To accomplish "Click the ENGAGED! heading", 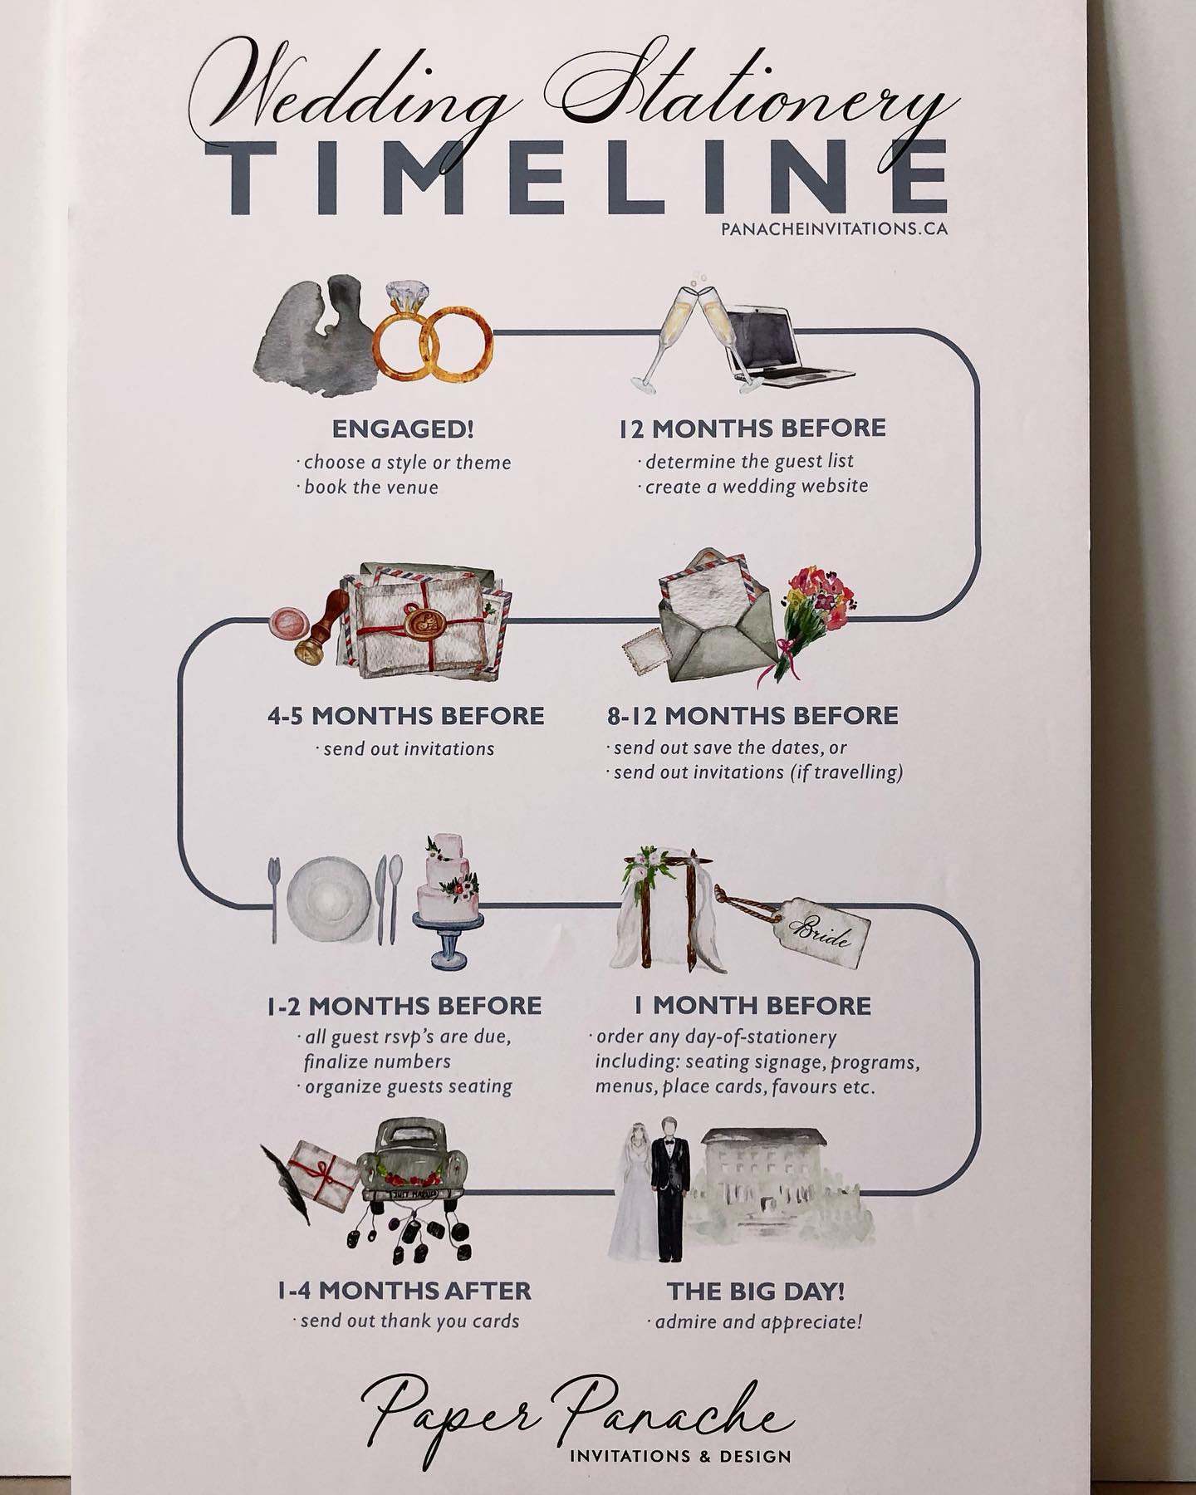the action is tap(403, 429).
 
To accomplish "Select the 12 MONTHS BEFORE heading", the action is tap(752, 428).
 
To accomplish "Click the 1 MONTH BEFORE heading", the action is tap(752, 1005).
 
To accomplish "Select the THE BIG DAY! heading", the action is tap(756, 1292).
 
